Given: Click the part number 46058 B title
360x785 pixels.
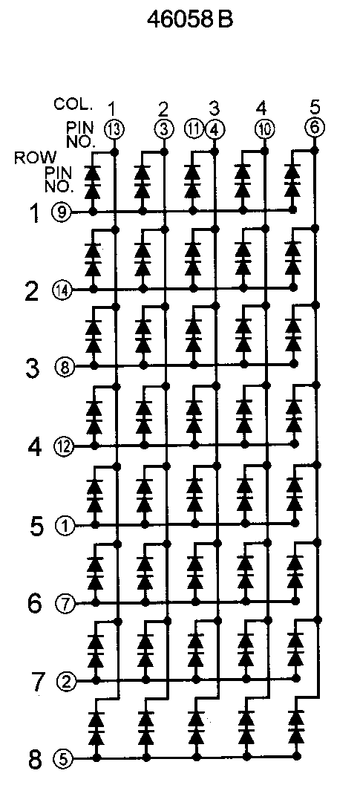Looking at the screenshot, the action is point(190,19).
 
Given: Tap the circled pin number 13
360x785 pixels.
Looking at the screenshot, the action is point(114,129).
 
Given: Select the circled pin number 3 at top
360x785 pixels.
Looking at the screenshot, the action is point(163,129).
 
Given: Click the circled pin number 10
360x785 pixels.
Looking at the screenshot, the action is point(264,129).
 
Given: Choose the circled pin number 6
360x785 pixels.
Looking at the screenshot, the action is point(315,127).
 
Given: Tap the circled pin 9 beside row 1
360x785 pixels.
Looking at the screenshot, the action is point(61,212).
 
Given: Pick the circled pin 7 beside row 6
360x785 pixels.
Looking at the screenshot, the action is point(65,603).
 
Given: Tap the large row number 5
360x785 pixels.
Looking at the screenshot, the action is point(36,527).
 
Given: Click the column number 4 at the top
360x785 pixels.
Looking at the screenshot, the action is point(261,108).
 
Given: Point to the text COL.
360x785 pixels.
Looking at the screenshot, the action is point(73,104).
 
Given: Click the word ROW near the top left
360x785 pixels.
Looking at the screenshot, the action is point(36,157).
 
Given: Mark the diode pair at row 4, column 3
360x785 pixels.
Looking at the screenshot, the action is point(193,416).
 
